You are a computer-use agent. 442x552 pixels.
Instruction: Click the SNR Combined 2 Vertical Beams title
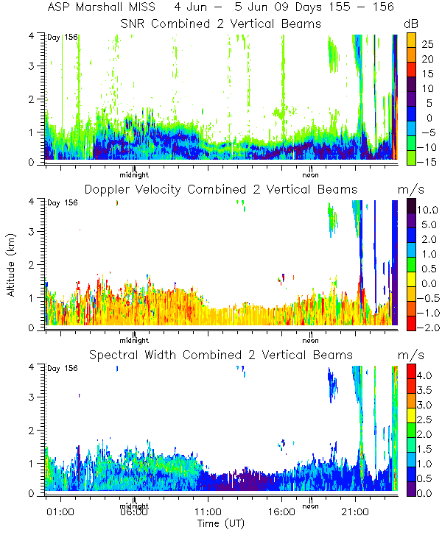point(221,24)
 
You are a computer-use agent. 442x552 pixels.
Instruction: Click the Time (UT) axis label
point(220,523)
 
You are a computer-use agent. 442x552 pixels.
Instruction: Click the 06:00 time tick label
point(133,512)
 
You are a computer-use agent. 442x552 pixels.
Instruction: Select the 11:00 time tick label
point(207,512)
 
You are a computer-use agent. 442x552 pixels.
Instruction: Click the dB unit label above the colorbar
point(411,24)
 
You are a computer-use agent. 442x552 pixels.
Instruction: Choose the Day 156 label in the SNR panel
point(59,38)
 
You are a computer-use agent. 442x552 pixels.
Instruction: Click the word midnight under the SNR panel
point(135,174)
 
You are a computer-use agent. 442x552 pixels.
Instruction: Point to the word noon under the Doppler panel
point(311,340)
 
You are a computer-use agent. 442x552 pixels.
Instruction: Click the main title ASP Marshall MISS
point(107,7)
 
